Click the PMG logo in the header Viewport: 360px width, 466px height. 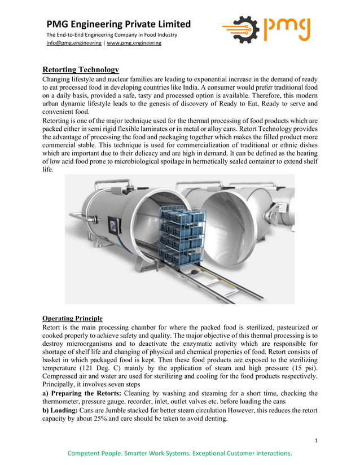(x=266, y=30)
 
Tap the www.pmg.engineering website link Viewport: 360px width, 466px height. (x=134, y=43)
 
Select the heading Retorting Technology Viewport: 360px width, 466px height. (x=81, y=69)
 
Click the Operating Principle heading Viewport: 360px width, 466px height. (x=72, y=318)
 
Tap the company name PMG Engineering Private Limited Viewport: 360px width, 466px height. (x=118, y=24)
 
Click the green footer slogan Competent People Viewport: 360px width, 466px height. (x=179, y=453)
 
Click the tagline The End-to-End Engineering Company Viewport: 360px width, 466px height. (x=112, y=35)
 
